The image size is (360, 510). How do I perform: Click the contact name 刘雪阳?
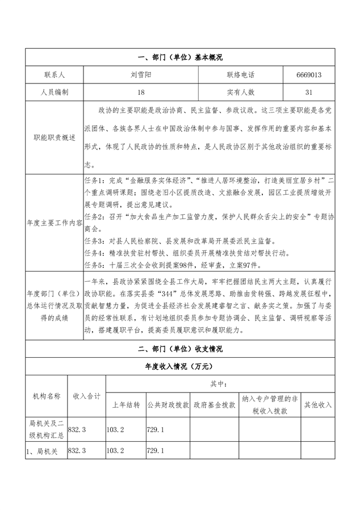tap(140, 75)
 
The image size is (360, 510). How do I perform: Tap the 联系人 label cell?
tap(55, 75)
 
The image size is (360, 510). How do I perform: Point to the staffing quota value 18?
tap(140, 91)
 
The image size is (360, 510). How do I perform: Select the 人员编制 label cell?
tap(55, 91)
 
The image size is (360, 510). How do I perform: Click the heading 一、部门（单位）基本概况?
tap(180, 58)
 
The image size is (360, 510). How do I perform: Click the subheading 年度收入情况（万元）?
tap(180, 367)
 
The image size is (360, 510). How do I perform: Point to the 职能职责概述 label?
tap(55, 136)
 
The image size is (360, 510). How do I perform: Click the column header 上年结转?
tap(125, 406)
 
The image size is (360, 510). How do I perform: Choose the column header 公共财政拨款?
tap(168, 406)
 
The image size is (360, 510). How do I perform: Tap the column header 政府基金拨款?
tap(214, 406)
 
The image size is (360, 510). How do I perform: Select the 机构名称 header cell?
tap(45, 396)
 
